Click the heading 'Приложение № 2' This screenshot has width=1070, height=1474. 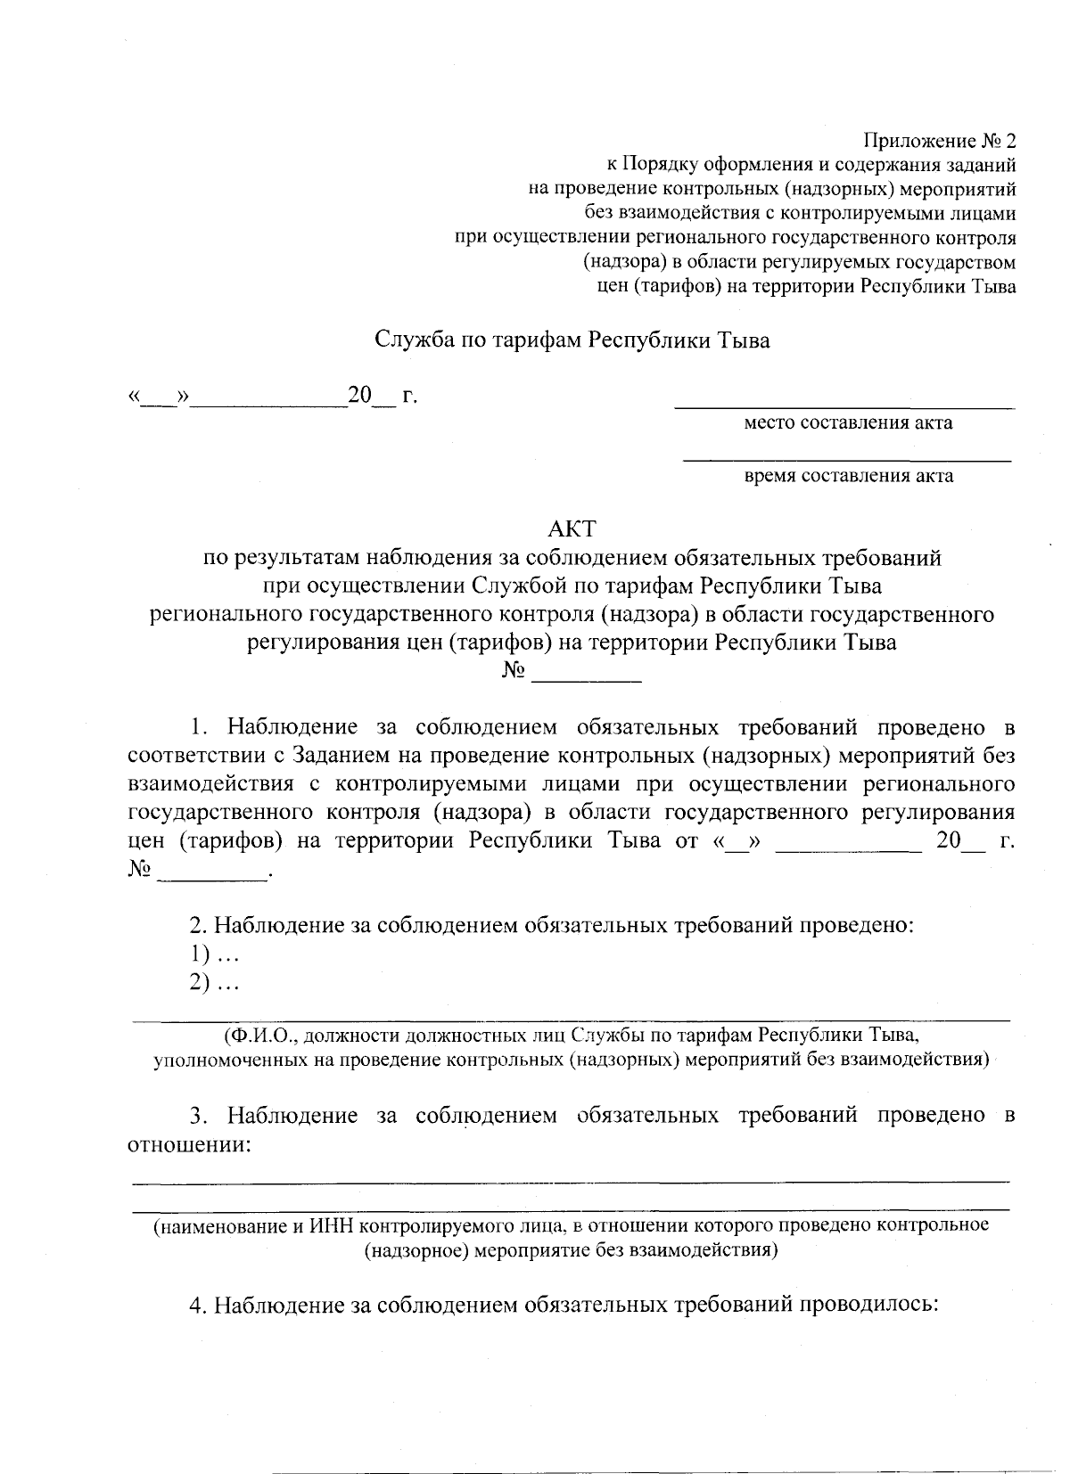(939, 142)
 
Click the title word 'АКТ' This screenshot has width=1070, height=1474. (572, 528)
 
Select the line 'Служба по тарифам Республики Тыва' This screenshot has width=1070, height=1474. (572, 340)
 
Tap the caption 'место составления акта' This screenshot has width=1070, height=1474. (848, 422)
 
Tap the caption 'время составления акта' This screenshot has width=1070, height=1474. (848, 476)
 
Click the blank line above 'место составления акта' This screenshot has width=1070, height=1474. (844, 405)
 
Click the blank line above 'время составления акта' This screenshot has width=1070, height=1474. (847, 459)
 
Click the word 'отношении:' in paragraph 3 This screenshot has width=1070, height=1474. (188, 1144)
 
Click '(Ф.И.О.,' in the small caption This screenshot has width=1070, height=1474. (258, 1036)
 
